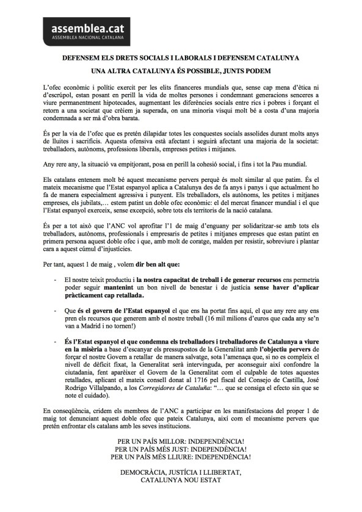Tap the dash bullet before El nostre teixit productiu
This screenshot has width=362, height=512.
pos(56,279)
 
